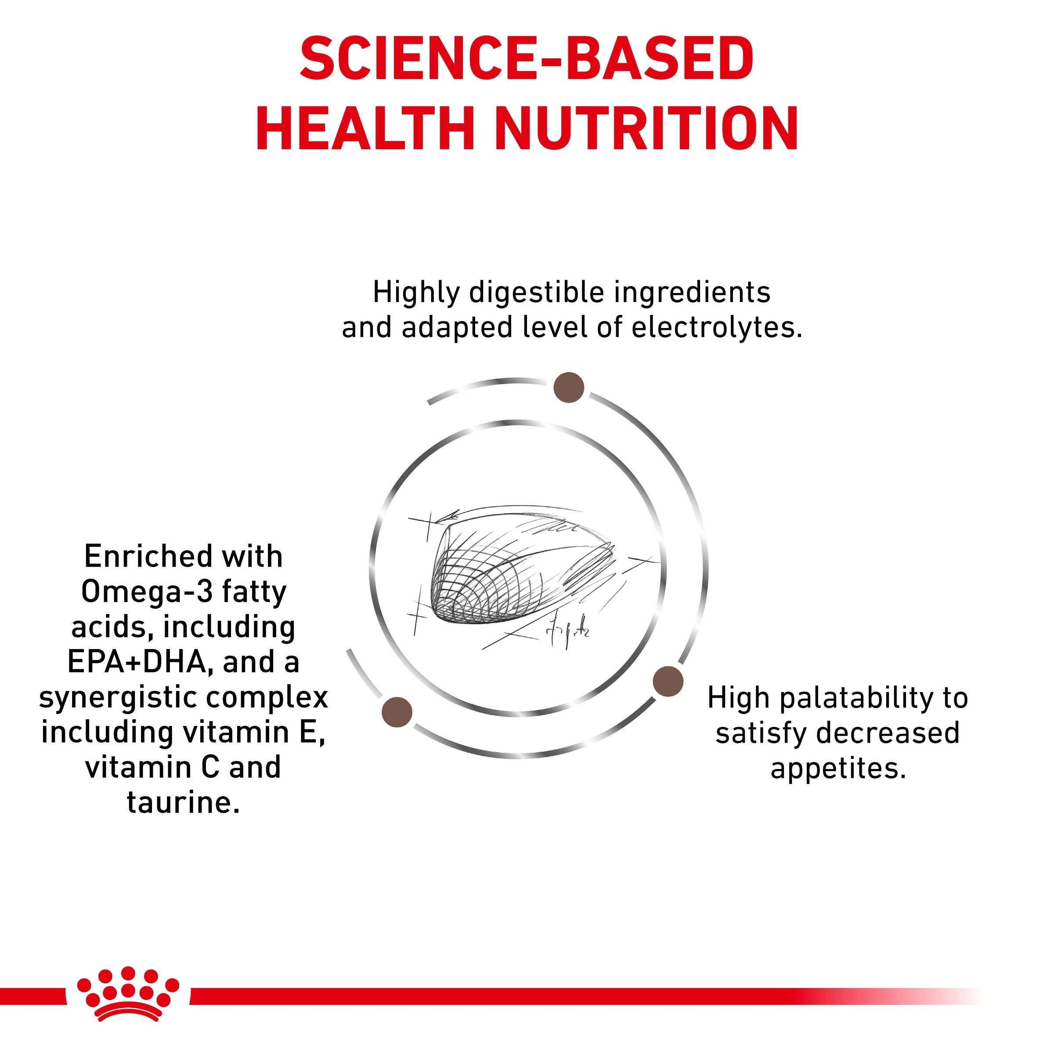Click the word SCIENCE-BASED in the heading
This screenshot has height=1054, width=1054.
click(527, 58)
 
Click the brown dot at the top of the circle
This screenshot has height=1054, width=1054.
click(568, 388)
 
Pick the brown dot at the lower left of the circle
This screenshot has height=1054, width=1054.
click(397, 712)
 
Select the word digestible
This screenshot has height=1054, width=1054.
click(537, 293)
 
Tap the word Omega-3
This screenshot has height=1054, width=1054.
click(146, 592)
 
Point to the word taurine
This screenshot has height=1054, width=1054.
click(183, 802)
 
